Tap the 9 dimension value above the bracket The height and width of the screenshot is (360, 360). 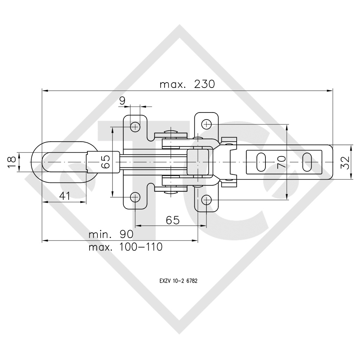[x=122, y=101]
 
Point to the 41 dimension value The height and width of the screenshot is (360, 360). [x=64, y=195]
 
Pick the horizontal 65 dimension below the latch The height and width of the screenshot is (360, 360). [x=173, y=220]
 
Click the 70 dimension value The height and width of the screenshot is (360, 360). [x=281, y=163]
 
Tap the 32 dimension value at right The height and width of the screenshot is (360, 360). [x=346, y=162]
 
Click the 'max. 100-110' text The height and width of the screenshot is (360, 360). [x=126, y=247]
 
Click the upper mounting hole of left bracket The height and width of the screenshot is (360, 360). [x=135, y=126]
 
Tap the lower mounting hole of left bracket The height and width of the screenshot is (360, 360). [x=135, y=198]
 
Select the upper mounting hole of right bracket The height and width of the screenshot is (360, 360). [x=207, y=124]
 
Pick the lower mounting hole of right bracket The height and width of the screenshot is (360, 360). [x=207, y=200]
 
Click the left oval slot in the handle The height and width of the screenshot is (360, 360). [x=261, y=162]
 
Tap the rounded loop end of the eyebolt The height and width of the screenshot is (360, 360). [x=37, y=162]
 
